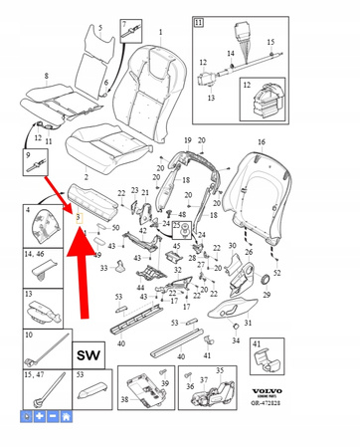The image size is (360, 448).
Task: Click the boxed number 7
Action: tap(124, 22)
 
